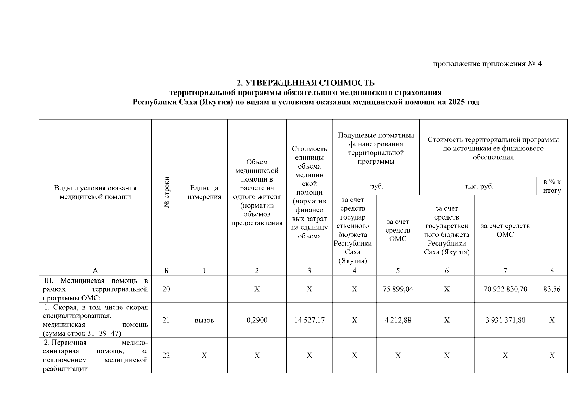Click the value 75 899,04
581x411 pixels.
[x=397, y=289]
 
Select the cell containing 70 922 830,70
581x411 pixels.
[x=505, y=289]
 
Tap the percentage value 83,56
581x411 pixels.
[x=552, y=289]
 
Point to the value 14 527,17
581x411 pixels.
[x=309, y=320]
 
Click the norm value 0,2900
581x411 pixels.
[x=257, y=320]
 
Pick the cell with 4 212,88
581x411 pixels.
[x=397, y=320]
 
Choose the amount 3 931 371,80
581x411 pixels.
[x=505, y=320]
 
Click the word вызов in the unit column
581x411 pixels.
[x=204, y=320]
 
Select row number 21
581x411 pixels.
[x=166, y=320]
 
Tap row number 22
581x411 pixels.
[x=166, y=356]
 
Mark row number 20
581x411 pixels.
[x=166, y=289]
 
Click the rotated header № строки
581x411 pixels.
[x=167, y=192]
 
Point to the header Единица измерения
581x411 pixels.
[x=204, y=192]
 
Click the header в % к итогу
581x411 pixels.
[x=552, y=186]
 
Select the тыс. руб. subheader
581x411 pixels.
[x=479, y=186]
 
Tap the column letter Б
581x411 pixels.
[x=166, y=271]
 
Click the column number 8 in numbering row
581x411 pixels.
[x=552, y=271]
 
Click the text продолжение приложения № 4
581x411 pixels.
[x=488, y=64]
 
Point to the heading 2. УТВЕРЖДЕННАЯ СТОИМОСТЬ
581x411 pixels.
[x=306, y=83]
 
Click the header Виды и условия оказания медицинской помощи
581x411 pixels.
[x=95, y=192]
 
